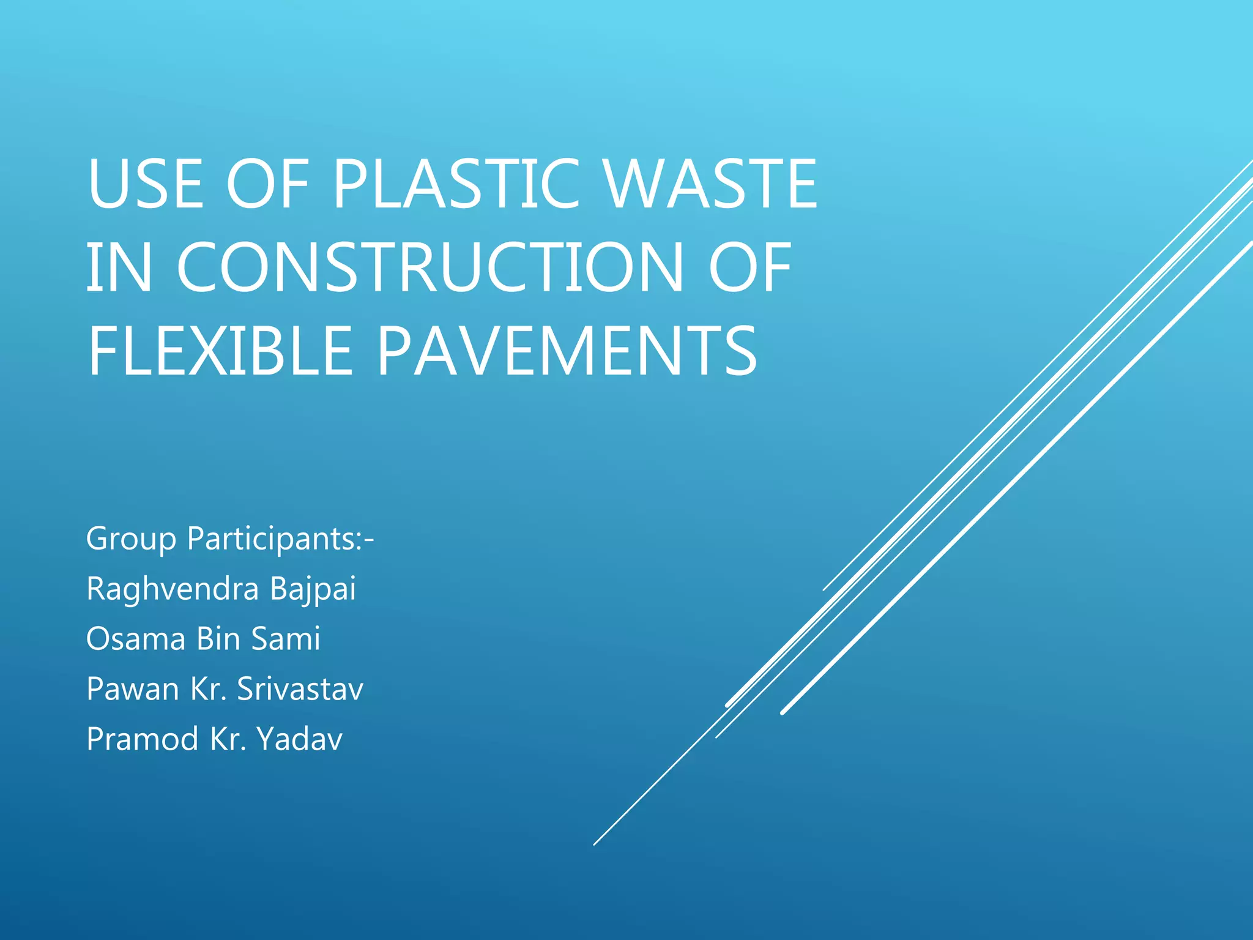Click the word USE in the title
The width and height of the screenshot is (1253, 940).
point(145,184)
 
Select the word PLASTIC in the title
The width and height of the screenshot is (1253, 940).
point(456,184)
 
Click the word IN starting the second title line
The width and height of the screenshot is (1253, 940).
point(119,267)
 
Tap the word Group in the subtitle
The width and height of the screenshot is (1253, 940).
point(131,539)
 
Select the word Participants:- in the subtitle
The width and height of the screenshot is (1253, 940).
point(280,539)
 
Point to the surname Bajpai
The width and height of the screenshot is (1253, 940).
point(313,589)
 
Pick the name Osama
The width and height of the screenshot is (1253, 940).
point(136,639)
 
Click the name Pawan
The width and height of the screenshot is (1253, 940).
point(133,689)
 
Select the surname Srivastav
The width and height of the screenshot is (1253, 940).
point(300,689)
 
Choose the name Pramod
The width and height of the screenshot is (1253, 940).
point(143,739)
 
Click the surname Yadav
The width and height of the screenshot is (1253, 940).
point(299,739)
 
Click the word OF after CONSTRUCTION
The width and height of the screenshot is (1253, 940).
point(750,267)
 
